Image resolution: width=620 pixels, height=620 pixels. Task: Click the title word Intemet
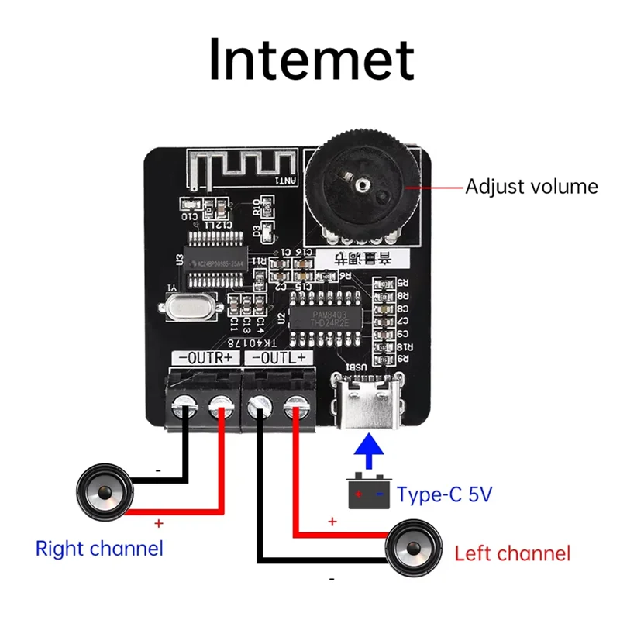pyautogui.click(x=311, y=60)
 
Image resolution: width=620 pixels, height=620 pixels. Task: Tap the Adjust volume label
pyautogui.click(x=532, y=187)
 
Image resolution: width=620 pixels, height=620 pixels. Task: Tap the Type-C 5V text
pyautogui.click(x=444, y=494)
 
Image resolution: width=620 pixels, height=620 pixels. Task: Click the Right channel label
pyautogui.click(x=99, y=549)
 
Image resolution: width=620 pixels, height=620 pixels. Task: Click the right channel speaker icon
pyautogui.click(x=102, y=491)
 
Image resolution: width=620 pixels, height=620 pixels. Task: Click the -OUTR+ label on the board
pyautogui.click(x=205, y=357)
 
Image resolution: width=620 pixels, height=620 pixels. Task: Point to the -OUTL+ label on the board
pyautogui.click(x=279, y=357)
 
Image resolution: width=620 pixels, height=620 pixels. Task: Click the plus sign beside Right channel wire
pyautogui.click(x=159, y=524)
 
